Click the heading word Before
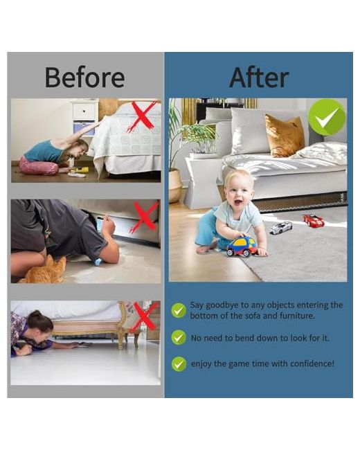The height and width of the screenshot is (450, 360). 85,78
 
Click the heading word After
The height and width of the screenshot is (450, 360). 259,78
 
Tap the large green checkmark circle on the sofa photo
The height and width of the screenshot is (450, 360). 327,118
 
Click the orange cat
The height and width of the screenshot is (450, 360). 46,271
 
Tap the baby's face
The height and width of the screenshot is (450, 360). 239,192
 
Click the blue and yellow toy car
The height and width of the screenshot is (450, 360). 242,246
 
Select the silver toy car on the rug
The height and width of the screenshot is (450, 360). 281,228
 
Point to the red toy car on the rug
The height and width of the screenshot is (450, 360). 313,220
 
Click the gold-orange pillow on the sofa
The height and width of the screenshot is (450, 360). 285,135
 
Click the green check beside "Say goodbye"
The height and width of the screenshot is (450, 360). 179,310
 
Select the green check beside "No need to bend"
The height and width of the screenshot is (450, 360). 179,337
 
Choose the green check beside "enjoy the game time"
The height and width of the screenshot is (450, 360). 179,364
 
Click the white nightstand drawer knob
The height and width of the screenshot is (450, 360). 84,111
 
